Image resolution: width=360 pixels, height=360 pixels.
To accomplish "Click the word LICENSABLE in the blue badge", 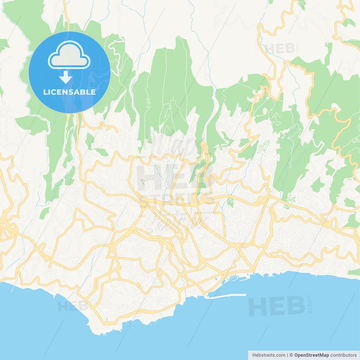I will [69, 92].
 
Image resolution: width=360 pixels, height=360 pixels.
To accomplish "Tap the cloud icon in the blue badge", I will [69, 55].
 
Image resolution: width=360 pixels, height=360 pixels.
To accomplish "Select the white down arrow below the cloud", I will [66, 77].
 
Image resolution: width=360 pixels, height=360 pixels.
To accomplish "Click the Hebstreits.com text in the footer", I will [269, 355].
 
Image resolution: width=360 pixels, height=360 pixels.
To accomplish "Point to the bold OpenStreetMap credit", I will [311, 355].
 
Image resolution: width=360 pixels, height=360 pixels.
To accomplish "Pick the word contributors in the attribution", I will [343, 355].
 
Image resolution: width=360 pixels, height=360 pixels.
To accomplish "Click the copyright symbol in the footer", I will [291, 355].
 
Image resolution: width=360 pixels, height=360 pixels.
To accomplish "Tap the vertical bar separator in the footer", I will [287, 355].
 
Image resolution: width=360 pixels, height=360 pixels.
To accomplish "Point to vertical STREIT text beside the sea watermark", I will [310, 304].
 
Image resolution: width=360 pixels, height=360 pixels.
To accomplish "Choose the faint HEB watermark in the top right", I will [280, 49].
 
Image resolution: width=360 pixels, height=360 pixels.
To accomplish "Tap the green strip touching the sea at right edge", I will [354, 272].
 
